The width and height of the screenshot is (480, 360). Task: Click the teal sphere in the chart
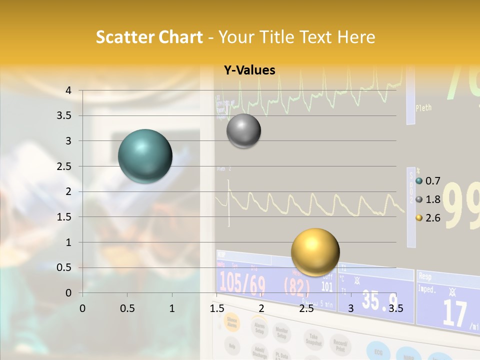point(145,156)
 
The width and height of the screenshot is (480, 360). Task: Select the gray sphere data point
point(243,130)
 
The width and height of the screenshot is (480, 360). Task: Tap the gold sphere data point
point(315,252)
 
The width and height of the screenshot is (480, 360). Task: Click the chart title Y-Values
point(249,70)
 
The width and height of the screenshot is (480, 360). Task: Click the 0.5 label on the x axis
point(127,308)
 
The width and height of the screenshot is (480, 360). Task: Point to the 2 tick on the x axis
point(261,308)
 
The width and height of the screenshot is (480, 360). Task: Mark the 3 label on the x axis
point(350,308)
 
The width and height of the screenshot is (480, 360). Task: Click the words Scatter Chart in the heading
point(149,37)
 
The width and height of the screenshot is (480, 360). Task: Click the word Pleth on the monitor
point(423,107)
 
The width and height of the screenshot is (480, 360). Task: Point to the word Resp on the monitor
point(425,275)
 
